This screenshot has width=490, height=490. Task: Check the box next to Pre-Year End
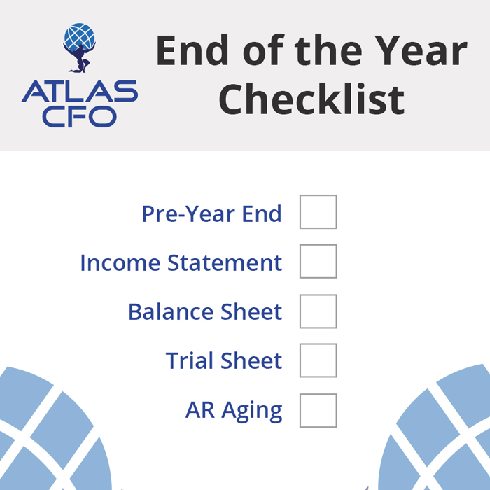point(318,212)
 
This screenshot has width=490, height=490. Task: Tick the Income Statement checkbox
point(318,262)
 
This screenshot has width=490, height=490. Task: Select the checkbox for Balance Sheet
point(318,311)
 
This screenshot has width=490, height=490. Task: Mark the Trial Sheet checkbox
point(318,361)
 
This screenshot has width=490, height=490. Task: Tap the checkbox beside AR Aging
point(318,411)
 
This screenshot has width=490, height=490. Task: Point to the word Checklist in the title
point(311,99)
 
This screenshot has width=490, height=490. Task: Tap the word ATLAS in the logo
point(79,91)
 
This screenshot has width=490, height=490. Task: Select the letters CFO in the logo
point(79,115)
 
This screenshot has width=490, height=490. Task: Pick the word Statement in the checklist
point(225,263)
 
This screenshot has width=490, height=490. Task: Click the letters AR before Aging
point(199,411)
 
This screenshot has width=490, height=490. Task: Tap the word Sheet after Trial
point(251,361)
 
